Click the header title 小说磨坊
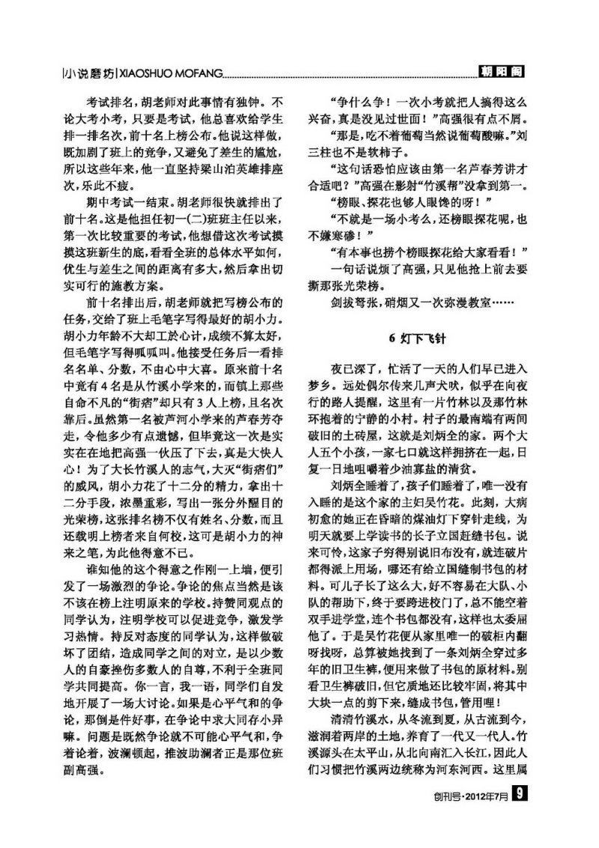tap(89, 74)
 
